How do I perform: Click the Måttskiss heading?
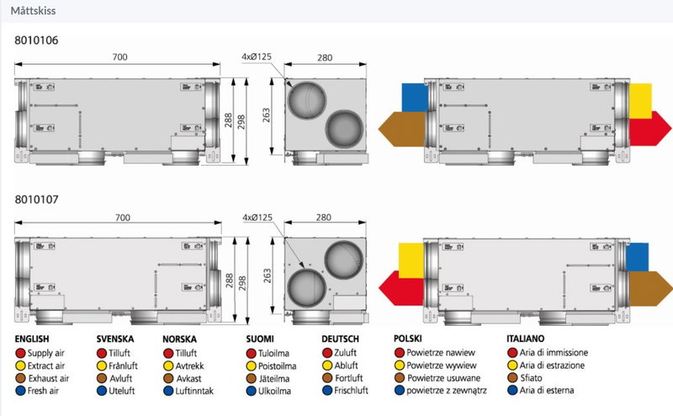coord(33,11)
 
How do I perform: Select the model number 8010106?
coord(36,40)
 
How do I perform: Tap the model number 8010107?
coord(36,200)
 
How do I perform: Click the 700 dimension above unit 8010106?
coord(119,56)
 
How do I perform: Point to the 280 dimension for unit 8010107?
coord(324,217)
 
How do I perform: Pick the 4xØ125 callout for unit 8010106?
coord(257,56)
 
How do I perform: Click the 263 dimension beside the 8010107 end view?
coord(268,276)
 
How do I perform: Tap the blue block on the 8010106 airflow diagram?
coord(415,98)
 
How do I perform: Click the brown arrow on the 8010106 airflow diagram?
coord(402,130)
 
